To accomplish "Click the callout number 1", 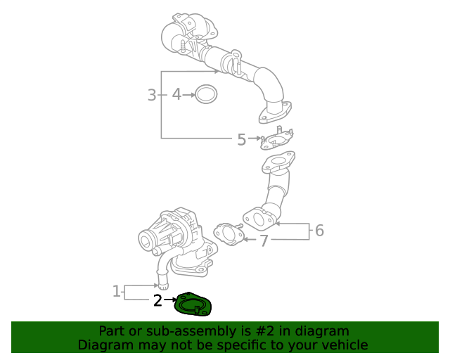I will point(117,291).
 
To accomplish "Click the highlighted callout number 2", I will point(158,301).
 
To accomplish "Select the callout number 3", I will point(151,94).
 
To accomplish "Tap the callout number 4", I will point(176,94).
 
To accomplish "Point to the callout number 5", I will point(241,139).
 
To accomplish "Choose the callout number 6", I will point(319,230).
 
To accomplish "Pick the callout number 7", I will point(264,241).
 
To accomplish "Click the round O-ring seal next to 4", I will point(206,94).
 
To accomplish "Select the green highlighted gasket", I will point(193,305).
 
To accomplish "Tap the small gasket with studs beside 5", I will point(277,139).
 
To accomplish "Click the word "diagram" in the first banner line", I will point(321,331).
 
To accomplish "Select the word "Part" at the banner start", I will point(112,331).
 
